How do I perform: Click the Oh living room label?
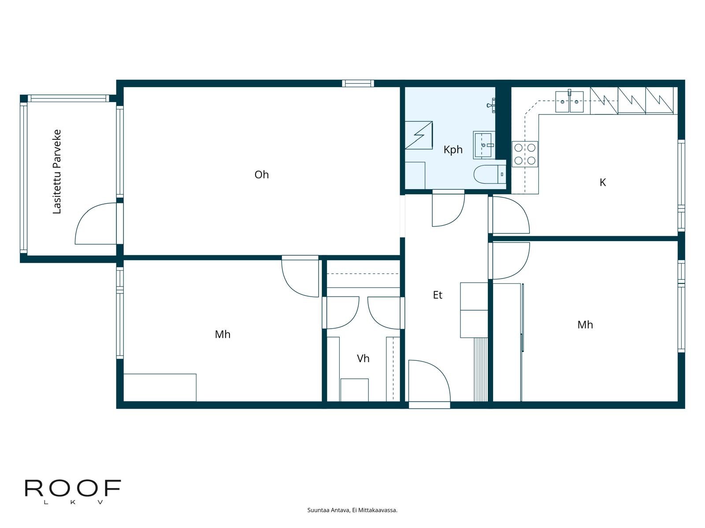(x=261, y=175)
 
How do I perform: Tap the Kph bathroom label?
(x=453, y=150)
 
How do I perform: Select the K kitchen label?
(x=602, y=183)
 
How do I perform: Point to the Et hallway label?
(x=438, y=295)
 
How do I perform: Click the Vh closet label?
(x=363, y=359)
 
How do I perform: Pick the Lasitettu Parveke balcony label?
(x=57, y=172)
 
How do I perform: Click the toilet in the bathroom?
(x=490, y=174)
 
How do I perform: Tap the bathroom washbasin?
(x=484, y=145)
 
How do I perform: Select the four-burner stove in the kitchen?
(x=525, y=154)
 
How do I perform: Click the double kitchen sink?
(x=569, y=102)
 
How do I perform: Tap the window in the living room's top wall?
(x=358, y=83)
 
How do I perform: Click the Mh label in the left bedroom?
(x=223, y=335)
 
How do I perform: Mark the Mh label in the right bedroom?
(x=585, y=325)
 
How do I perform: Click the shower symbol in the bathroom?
(x=419, y=135)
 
